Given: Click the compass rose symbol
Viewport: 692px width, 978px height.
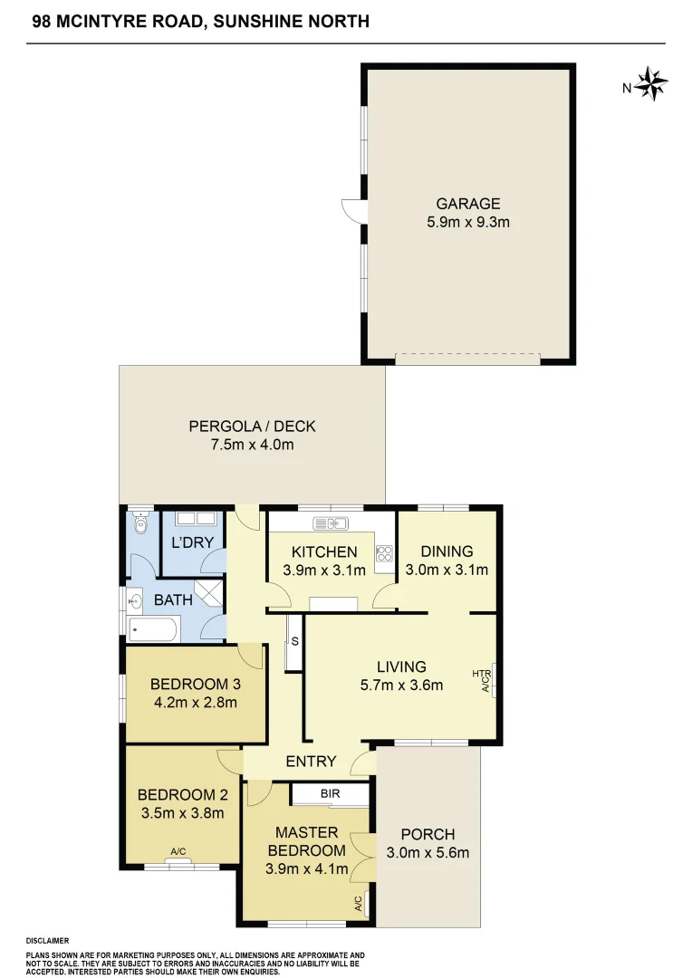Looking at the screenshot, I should [x=651, y=84].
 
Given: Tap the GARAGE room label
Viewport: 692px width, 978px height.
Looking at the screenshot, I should [x=467, y=204].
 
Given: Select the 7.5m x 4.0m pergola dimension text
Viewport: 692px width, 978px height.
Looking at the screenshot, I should [x=252, y=445].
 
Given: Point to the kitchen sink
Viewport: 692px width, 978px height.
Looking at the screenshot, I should [x=332, y=523].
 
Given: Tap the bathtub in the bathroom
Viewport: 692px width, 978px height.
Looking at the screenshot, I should [x=155, y=628].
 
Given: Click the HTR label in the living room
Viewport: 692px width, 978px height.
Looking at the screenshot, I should [x=481, y=674].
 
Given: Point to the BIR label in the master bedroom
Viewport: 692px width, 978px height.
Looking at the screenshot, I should [x=330, y=793].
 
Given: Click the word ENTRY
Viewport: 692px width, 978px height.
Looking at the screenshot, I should [x=311, y=762].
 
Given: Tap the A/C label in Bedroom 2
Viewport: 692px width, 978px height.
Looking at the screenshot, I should [x=178, y=851].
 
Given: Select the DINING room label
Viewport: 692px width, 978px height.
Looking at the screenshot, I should [x=447, y=551].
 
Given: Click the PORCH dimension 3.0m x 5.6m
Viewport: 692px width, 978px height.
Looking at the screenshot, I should [x=428, y=852].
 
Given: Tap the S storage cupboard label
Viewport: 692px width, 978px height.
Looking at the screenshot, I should [x=294, y=641].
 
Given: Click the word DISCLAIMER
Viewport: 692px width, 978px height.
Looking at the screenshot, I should [x=48, y=941].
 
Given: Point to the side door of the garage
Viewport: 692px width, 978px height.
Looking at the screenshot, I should [x=352, y=211].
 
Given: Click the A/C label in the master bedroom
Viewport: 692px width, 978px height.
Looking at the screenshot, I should [x=358, y=903].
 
